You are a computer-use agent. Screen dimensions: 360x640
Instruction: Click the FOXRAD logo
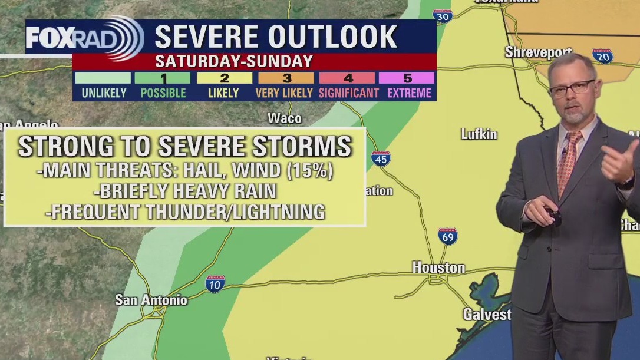[84, 38]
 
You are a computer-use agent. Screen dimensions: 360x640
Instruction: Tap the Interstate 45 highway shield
[381, 158]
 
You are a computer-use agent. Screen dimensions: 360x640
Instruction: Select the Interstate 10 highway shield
[215, 284]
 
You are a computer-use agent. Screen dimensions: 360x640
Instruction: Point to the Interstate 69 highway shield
[448, 236]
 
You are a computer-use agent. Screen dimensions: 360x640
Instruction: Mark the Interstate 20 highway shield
[602, 56]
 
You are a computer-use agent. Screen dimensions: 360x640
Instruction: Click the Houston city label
[438, 267]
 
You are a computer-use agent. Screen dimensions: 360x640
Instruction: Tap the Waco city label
[285, 118]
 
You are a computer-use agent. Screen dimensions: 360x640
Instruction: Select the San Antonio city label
[151, 300]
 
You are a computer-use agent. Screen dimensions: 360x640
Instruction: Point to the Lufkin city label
[479, 134]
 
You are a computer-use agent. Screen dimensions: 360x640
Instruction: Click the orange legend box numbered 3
[286, 78]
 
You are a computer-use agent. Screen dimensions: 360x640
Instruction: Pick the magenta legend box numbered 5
[407, 78]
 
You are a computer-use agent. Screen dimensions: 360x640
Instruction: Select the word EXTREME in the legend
[409, 93]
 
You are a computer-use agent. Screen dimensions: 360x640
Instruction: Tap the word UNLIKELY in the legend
[104, 93]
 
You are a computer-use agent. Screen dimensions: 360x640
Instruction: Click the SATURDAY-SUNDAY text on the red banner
[233, 61]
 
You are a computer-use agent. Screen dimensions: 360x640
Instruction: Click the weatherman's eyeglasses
[572, 88]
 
